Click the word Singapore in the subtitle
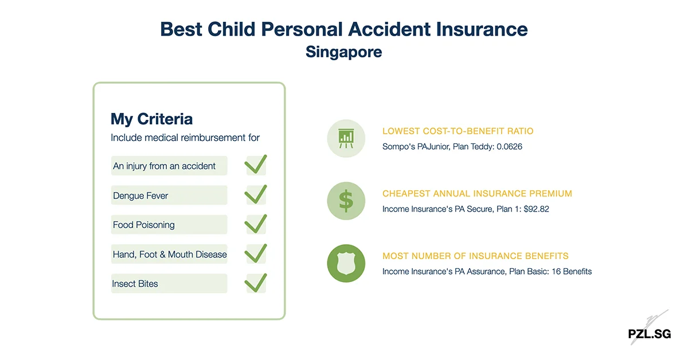coord(343,52)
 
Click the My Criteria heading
coord(151,119)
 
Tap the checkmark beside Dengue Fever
coord(255,195)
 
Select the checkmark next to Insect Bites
coord(255,283)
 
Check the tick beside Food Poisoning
coord(255,224)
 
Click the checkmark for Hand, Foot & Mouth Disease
coord(255,253)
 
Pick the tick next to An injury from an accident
coord(255,165)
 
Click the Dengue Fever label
coord(140,195)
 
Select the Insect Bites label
coord(135,284)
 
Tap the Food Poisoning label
coord(143,225)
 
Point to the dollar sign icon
coord(346,201)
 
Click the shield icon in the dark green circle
coord(346,263)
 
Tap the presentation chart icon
coord(346,138)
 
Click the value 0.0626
coord(506,147)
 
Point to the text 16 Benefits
coord(571,271)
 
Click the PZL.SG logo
coord(649,334)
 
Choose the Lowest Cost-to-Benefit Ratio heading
coord(458,131)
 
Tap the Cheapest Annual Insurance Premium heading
coord(477,194)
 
